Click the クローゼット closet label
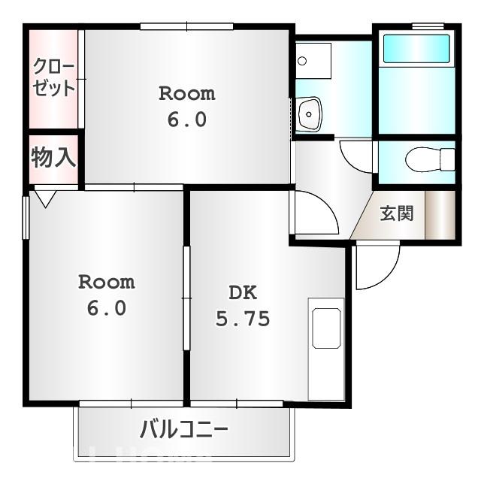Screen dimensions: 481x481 tap(53, 77)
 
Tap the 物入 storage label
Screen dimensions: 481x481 tap(53, 158)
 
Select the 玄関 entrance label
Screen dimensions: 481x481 tap(396, 213)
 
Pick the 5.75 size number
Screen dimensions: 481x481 tap(242, 319)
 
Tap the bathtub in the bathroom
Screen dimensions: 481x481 tap(416, 49)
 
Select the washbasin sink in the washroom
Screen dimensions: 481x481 tap(309, 115)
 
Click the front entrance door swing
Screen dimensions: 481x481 tap(376, 267)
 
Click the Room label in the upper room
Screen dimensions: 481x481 tap(186, 94)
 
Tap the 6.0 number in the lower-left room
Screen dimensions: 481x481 tap(107, 308)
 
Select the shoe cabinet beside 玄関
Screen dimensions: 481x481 tap(440, 215)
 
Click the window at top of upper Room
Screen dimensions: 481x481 tap(186, 27)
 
